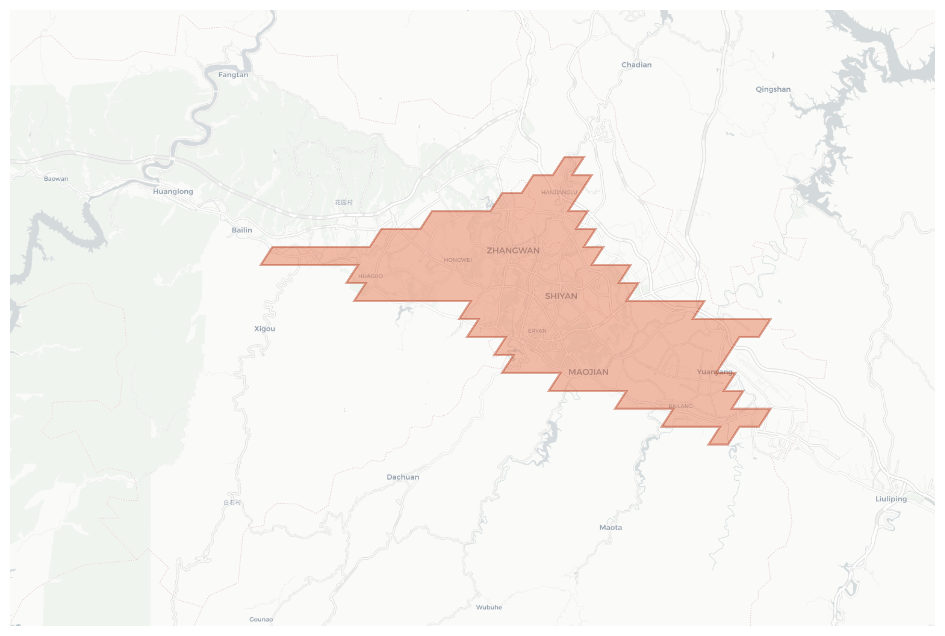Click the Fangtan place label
click(233, 75)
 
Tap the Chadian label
click(636, 65)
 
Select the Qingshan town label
click(773, 89)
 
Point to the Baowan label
click(56, 179)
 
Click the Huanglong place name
click(173, 192)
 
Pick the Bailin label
click(241, 230)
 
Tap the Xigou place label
click(264, 328)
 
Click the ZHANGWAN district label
click(513, 251)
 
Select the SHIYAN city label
click(561, 296)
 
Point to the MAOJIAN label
click(588, 372)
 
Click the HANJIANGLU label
click(559, 192)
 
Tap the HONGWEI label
click(458, 260)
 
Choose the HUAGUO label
click(370, 276)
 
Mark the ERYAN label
click(537, 331)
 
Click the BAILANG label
click(680, 406)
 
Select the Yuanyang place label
click(714, 372)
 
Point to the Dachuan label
click(402, 477)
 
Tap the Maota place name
click(610, 528)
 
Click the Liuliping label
click(891, 499)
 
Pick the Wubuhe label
click(488, 607)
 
